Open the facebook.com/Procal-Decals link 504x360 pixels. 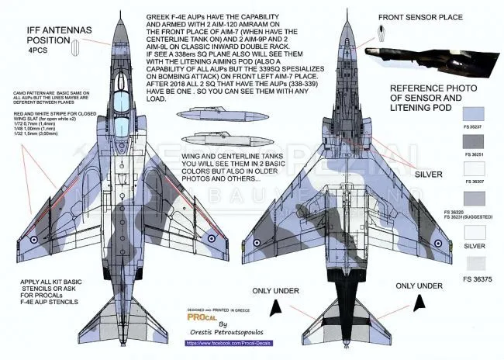click(228, 342)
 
